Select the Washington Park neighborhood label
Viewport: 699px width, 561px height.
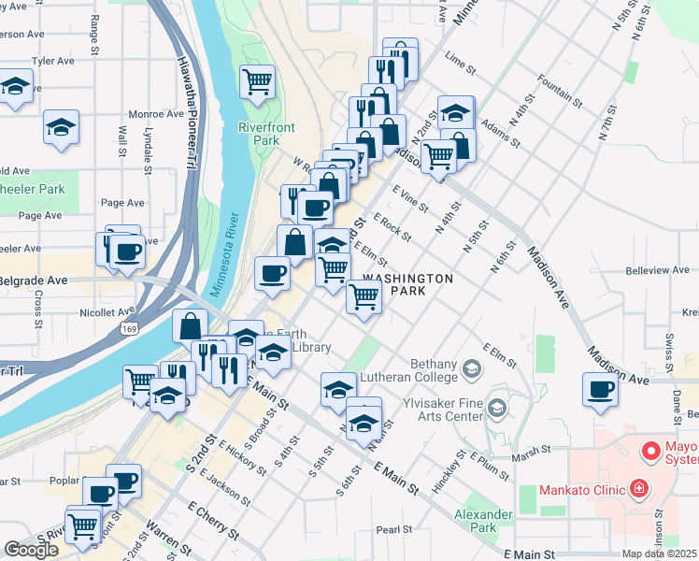[x=407, y=284]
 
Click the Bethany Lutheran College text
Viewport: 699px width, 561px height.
[x=435, y=370]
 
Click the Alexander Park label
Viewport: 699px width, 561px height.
[x=483, y=521]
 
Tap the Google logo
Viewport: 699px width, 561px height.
[x=31, y=549]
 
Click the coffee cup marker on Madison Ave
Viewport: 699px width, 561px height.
[x=600, y=388]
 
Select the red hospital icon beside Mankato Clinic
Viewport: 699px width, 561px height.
[x=638, y=488]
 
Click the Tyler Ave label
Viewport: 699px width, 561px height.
[x=53, y=61]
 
